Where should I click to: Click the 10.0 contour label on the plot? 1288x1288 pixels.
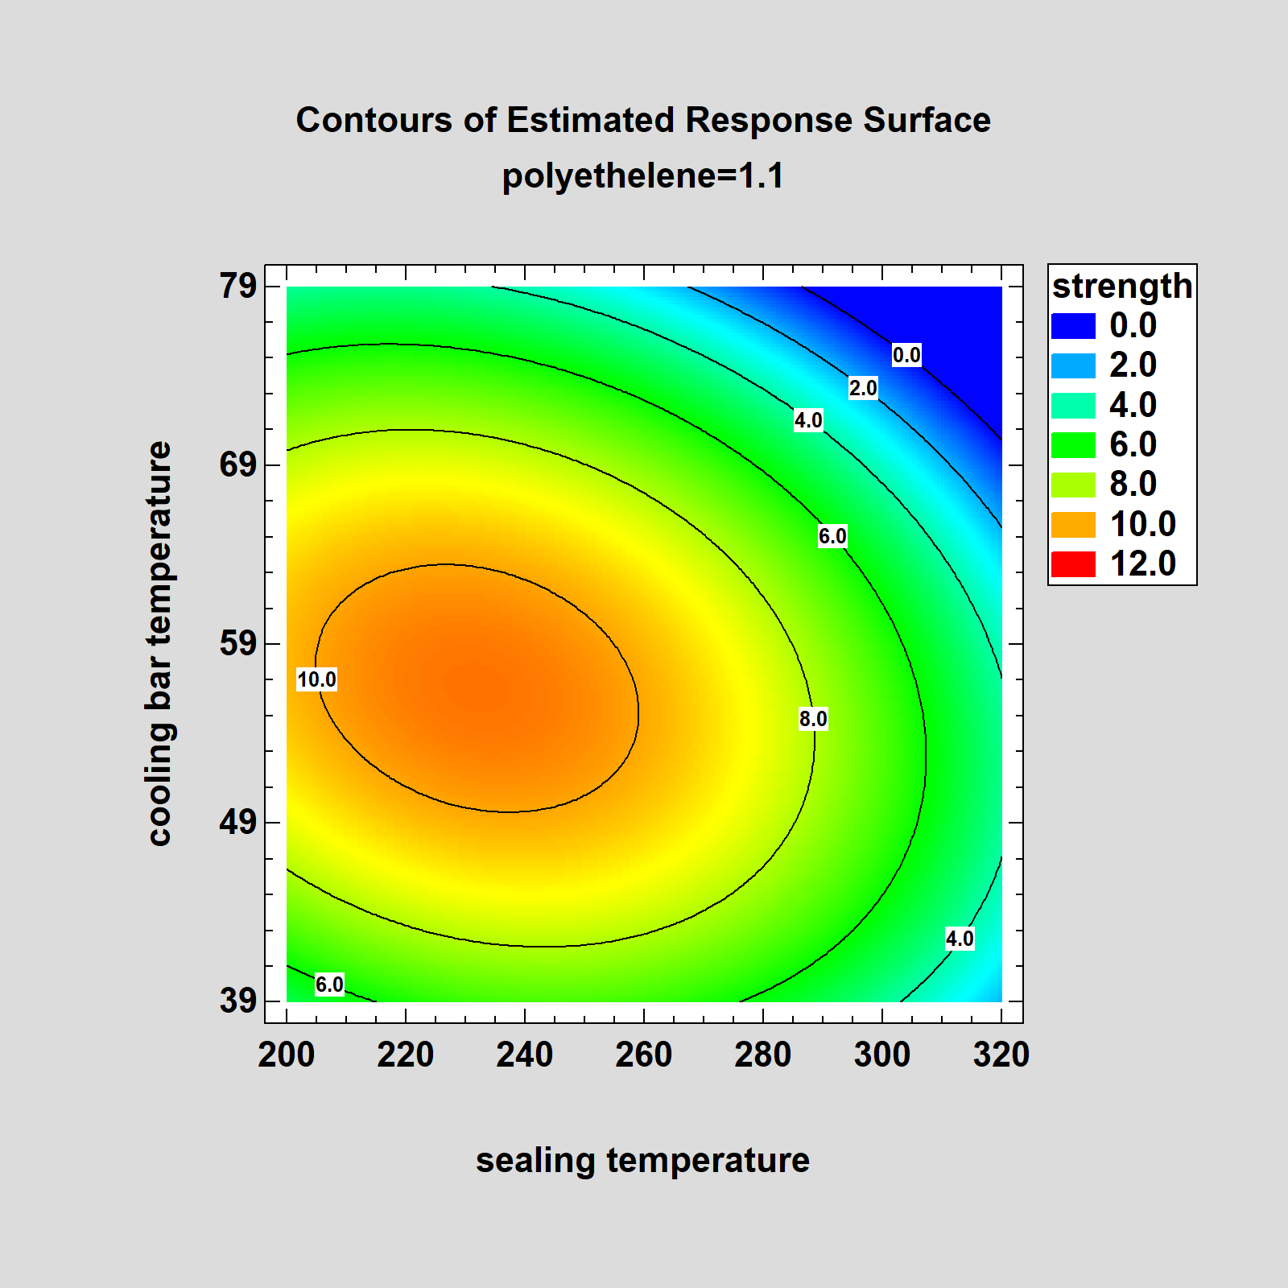click(316, 679)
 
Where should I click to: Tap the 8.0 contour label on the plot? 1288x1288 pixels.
click(813, 719)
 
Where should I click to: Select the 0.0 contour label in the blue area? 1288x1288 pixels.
click(906, 355)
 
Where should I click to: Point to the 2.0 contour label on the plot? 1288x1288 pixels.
click(863, 388)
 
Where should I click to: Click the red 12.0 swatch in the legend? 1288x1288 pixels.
click(1073, 564)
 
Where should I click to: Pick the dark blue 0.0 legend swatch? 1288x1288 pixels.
click(1073, 326)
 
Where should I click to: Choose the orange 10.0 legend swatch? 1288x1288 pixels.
click(1073, 525)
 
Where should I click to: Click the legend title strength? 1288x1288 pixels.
click(1122, 287)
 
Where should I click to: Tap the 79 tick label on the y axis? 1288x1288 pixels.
click(237, 286)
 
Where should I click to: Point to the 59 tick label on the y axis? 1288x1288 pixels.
click(237, 644)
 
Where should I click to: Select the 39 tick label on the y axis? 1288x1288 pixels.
click(237, 1001)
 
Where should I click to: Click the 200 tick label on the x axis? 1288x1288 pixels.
click(287, 1055)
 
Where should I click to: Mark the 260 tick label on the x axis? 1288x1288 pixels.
click(644, 1055)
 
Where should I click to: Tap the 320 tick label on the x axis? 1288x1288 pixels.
click(1001, 1055)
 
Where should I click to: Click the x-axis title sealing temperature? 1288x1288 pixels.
click(642, 1161)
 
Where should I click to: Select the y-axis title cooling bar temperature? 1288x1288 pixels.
click(160, 643)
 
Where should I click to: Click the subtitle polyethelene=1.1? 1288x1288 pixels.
click(642, 176)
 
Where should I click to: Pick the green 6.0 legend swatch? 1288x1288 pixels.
click(1073, 445)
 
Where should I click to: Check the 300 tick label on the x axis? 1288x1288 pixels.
click(882, 1055)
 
